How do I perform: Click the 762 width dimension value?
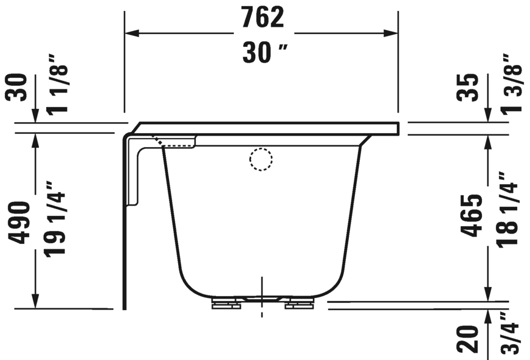pyautogui.click(x=262, y=18)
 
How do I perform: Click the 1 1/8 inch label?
pyautogui.click(x=57, y=84)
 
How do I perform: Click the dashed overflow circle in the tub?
pyautogui.click(x=261, y=160)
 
